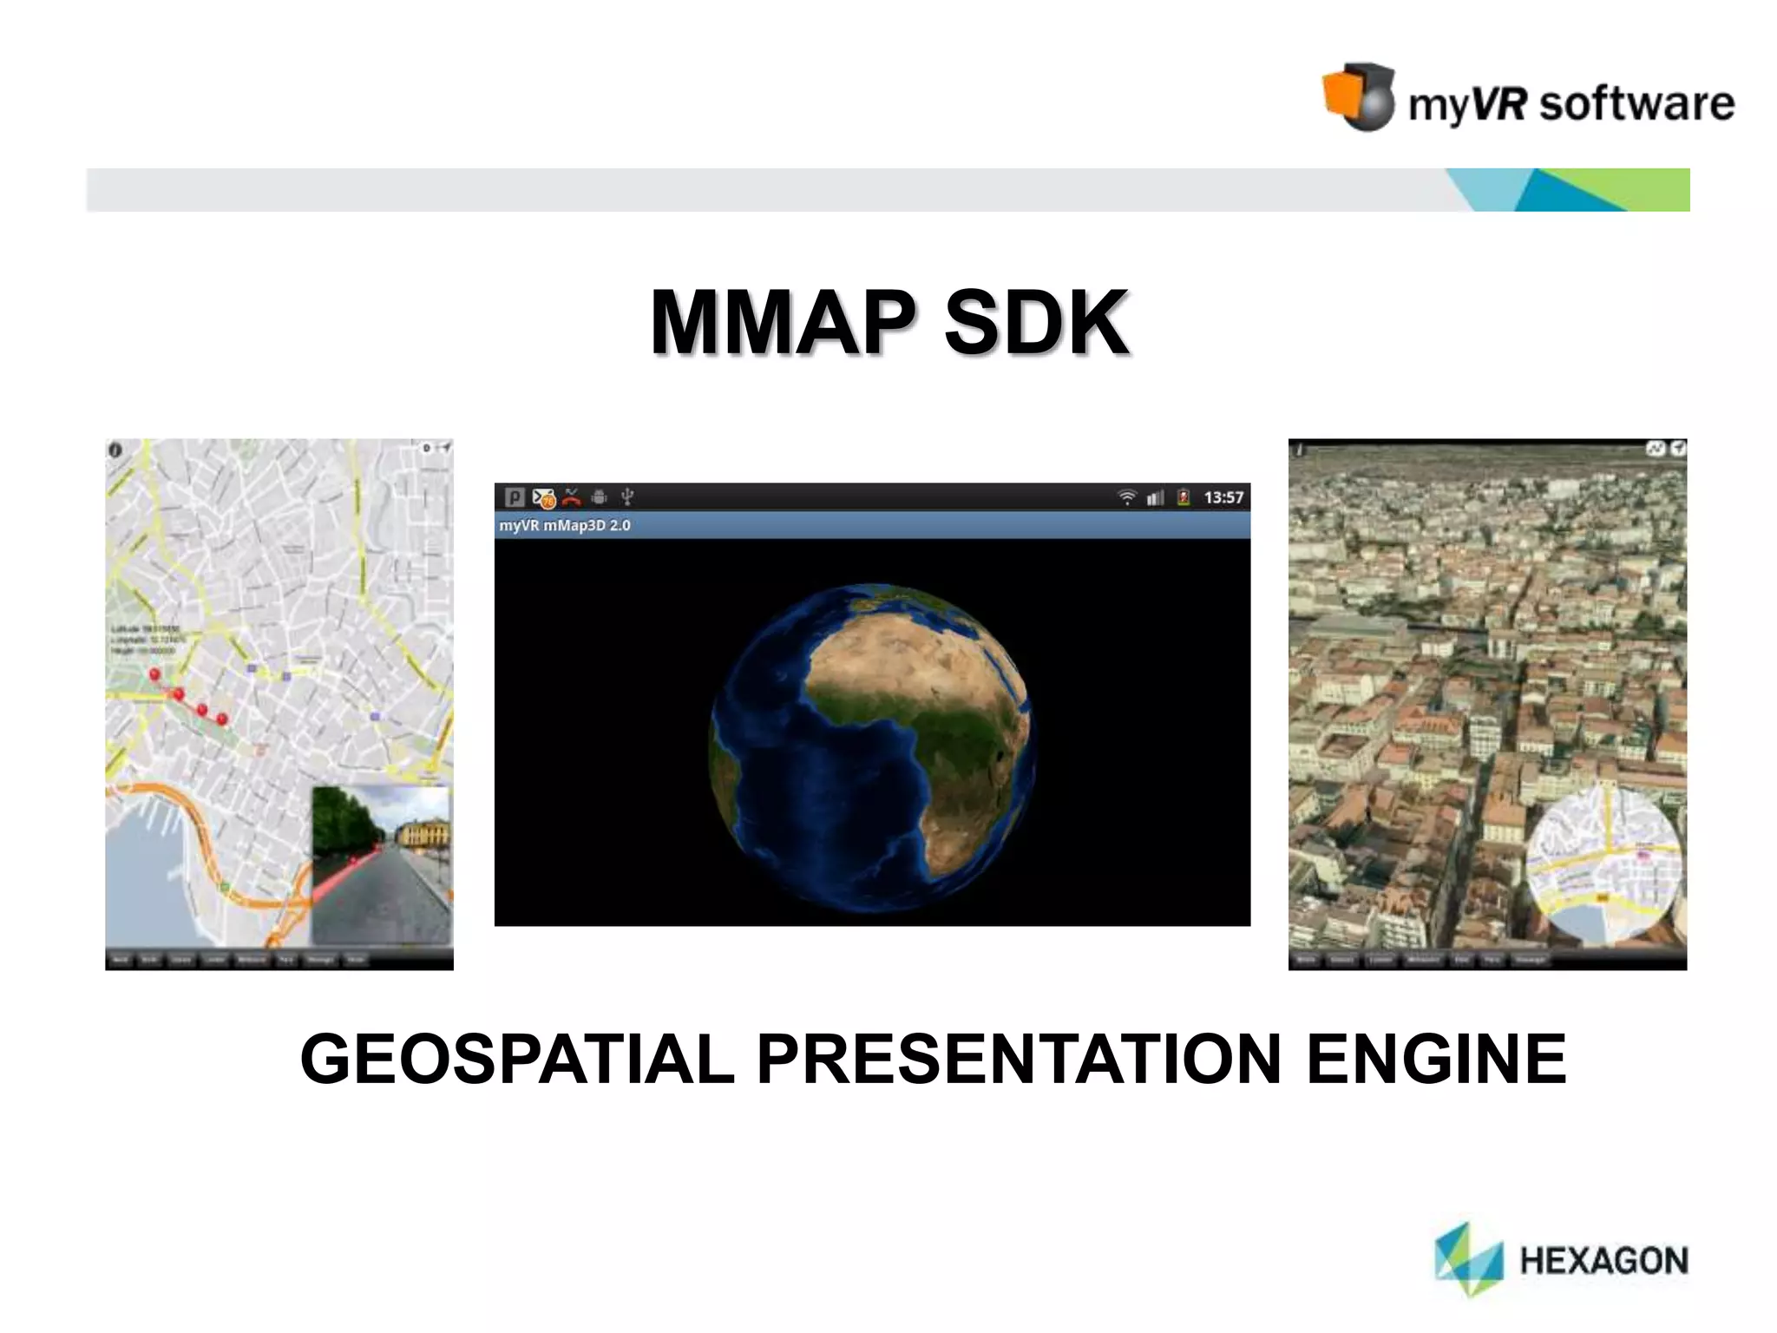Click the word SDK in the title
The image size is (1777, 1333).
tap(1036, 323)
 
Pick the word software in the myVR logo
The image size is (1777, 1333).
tap(1636, 104)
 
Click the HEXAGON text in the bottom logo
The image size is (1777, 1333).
tap(1603, 1261)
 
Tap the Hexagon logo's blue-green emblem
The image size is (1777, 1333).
tap(1468, 1258)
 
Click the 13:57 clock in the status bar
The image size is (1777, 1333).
tap(1223, 497)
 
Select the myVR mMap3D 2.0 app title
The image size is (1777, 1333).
tap(565, 525)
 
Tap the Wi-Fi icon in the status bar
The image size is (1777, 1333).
tap(1127, 497)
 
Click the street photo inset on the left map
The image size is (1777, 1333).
tap(382, 864)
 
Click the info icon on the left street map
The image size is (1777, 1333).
tap(115, 450)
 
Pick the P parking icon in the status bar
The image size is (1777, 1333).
tap(515, 497)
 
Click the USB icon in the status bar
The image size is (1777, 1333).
tap(627, 497)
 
